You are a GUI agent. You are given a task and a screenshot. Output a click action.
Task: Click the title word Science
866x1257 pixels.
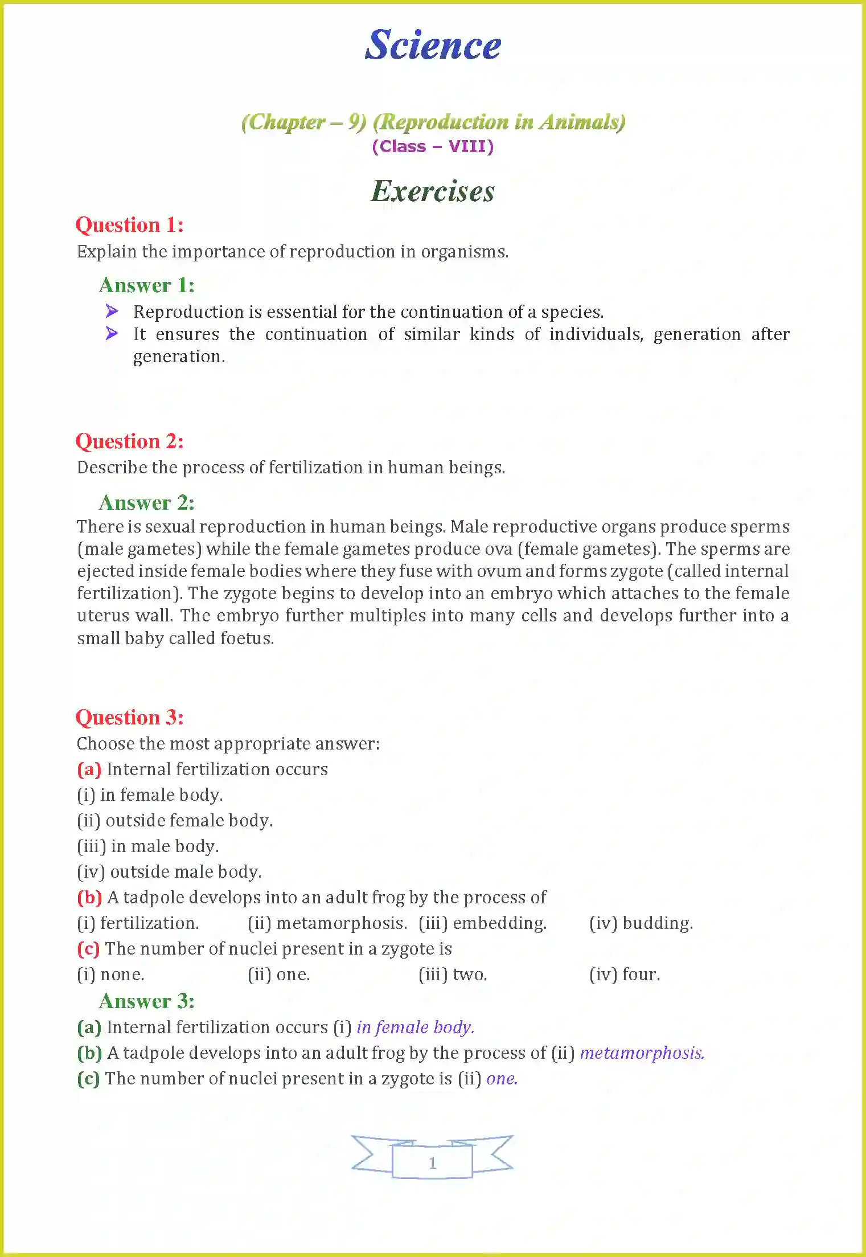[x=433, y=45]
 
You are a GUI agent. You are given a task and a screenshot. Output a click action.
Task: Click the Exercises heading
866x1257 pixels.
[x=433, y=191]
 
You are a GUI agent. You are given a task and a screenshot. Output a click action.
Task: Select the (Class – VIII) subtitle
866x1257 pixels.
[x=433, y=146]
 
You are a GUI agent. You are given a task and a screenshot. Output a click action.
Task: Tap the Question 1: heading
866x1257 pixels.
[x=130, y=225]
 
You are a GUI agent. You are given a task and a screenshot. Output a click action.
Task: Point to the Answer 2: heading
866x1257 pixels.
[x=147, y=503]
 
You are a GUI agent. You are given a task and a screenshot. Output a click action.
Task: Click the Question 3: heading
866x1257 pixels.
[x=130, y=718]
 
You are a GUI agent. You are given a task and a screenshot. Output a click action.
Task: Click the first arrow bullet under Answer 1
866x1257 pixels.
[x=112, y=311]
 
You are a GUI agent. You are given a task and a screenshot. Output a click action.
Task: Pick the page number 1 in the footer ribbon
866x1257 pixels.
[x=433, y=1162]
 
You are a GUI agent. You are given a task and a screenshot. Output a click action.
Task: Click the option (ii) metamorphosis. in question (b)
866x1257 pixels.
[x=327, y=923]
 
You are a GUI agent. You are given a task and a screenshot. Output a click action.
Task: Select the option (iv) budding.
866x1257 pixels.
[x=641, y=923]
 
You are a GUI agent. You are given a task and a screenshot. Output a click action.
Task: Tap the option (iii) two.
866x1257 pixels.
[x=453, y=974]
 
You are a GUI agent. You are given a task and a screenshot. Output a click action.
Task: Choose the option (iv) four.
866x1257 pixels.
[x=625, y=974]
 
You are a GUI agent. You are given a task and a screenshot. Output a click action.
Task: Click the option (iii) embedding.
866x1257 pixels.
[x=483, y=923]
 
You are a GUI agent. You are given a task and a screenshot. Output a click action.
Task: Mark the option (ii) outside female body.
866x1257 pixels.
[x=175, y=820]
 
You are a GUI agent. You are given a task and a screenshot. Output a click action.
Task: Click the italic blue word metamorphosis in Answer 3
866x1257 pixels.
[x=642, y=1053]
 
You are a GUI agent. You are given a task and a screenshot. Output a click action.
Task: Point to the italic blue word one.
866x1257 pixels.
[x=502, y=1079]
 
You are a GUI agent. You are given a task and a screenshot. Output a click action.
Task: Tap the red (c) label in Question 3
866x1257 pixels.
[x=89, y=948]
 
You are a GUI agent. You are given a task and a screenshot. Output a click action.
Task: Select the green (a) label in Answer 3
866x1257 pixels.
[x=89, y=1027]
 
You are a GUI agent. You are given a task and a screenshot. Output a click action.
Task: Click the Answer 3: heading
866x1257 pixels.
[x=147, y=1001]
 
